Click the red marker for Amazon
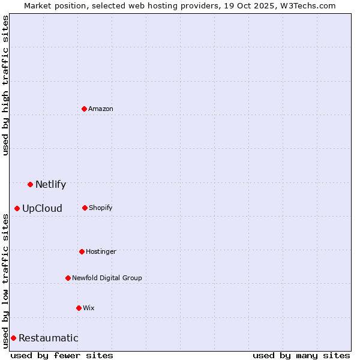point(84,109)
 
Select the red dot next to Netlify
point(30,184)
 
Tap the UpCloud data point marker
point(17,208)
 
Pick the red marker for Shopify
point(85,208)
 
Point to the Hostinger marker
point(82,251)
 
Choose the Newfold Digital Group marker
point(68,278)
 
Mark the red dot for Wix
point(79,308)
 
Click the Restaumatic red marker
point(13,338)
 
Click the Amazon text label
point(101,109)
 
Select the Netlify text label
point(50,184)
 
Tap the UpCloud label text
point(42,208)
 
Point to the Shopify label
point(101,208)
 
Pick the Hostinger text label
point(101,251)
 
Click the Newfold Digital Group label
point(107,278)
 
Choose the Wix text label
point(89,308)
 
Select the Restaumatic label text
point(48,338)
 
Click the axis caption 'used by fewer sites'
point(62,355)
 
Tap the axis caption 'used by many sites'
point(301,355)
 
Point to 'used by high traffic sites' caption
point(5,85)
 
